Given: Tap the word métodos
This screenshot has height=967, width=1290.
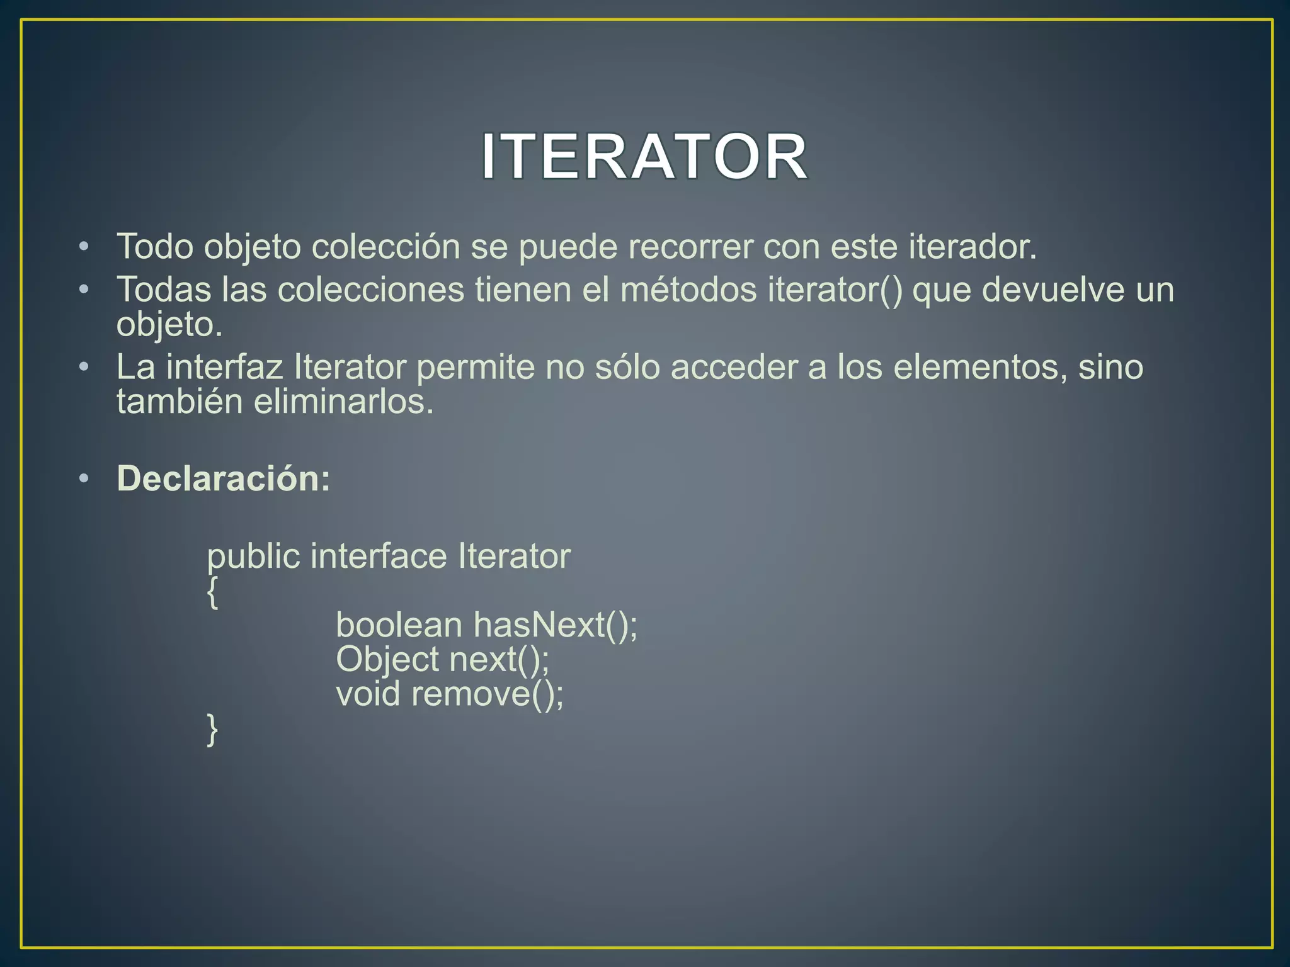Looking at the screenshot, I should pos(688,290).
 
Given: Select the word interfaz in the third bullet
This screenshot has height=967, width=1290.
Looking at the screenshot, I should pos(225,367).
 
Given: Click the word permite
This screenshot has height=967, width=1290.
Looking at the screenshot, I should pos(476,367).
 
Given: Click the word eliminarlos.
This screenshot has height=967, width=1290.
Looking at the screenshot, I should pos(344,402).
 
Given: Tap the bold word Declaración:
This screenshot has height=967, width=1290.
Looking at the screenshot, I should pos(224,478).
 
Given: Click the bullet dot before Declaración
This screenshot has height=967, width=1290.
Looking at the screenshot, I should pos(84,479).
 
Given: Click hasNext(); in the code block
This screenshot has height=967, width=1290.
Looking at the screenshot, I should pos(556,625).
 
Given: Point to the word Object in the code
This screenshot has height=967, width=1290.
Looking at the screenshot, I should pos(387,660).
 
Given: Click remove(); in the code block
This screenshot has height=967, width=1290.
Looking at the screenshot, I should pos(488,694).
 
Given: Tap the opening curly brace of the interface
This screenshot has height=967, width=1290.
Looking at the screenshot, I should pos(213,593).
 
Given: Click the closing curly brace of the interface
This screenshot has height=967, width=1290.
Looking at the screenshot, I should pos(213,730).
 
